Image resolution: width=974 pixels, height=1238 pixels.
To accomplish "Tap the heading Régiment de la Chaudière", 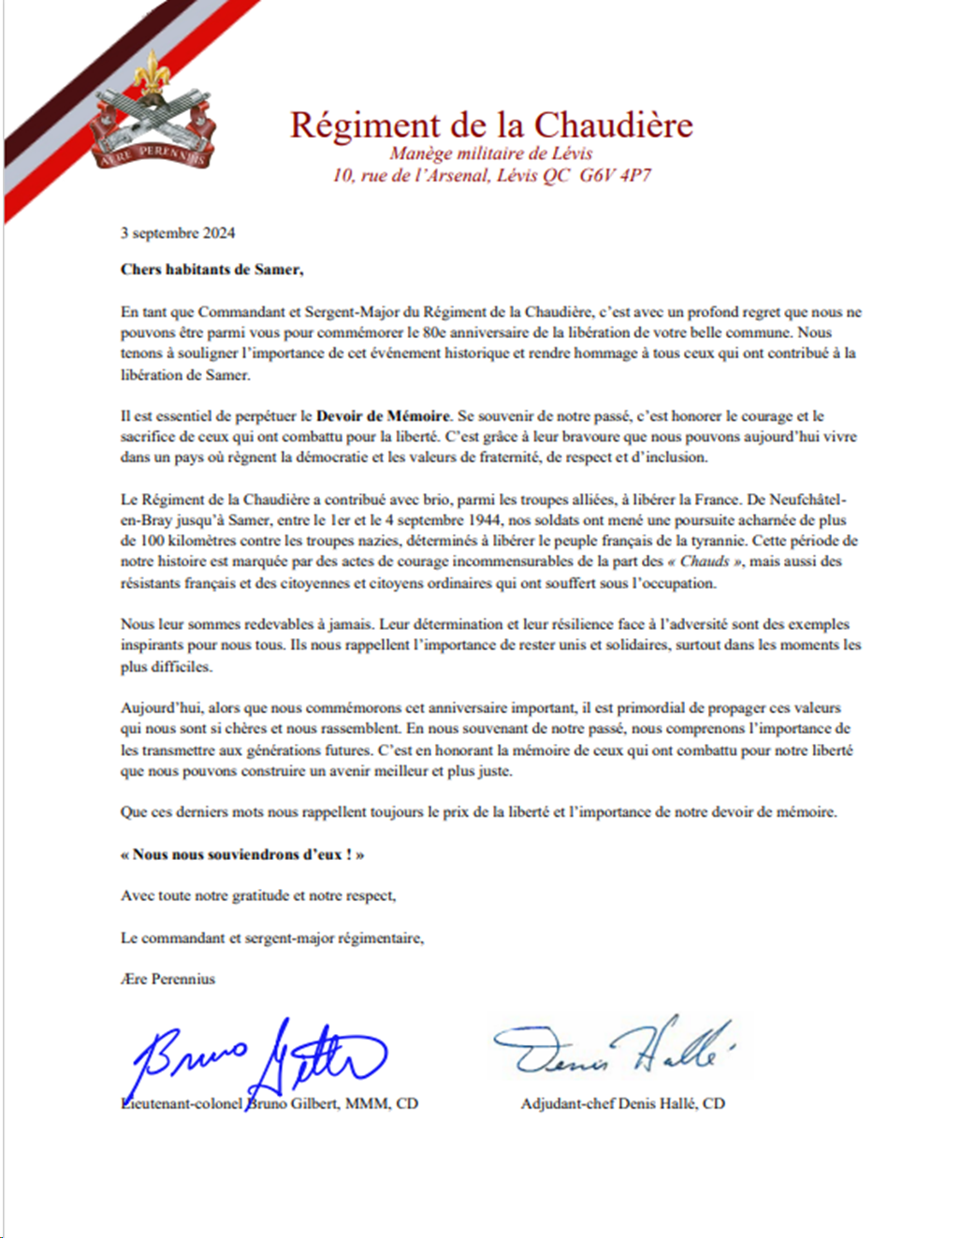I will pyautogui.click(x=491, y=124).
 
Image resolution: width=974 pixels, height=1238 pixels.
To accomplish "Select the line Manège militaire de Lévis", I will pyautogui.click(x=490, y=153).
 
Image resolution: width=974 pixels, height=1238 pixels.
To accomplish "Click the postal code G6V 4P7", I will pyautogui.click(x=615, y=175).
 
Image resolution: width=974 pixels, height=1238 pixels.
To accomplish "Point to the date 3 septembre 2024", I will pyautogui.click(x=178, y=233).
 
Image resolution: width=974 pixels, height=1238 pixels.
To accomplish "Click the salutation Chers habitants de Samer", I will pyautogui.click(x=211, y=269).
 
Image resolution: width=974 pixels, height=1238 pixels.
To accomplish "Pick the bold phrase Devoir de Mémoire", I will pyautogui.click(x=383, y=415).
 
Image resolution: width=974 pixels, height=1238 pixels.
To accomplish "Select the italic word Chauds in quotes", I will pyautogui.click(x=705, y=561).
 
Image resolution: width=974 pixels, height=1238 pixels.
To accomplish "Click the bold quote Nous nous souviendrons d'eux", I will pyautogui.click(x=241, y=854).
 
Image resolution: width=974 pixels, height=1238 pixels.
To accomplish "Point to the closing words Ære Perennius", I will pyautogui.click(x=167, y=979).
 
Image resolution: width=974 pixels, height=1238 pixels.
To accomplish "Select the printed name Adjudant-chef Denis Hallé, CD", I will pyautogui.click(x=622, y=1104).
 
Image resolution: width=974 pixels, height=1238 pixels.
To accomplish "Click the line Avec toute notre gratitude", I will pyautogui.click(x=258, y=896).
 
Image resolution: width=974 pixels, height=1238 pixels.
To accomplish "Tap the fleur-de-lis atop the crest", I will pyautogui.click(x=151, y=72).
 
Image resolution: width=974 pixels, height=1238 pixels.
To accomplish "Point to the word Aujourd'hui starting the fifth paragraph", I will pyautogui.click(x=160, y=708).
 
